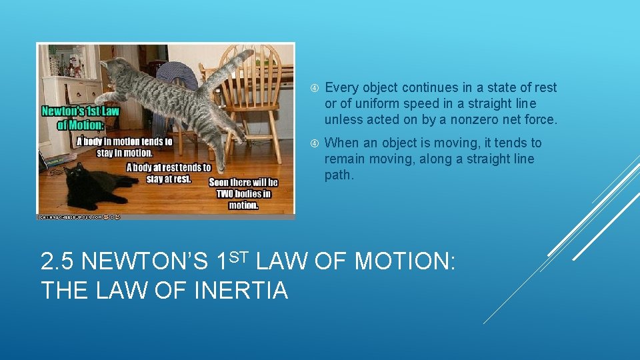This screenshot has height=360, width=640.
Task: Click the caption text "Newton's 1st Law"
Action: [80, 111]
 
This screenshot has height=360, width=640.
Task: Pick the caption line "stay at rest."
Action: [168, 179]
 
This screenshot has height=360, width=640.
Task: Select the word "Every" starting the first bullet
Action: [341, 87]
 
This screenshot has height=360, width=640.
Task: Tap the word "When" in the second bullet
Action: [341, 143]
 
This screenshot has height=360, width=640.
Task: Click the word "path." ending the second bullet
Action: [339, 175]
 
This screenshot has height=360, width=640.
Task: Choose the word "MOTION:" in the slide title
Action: [405, 262]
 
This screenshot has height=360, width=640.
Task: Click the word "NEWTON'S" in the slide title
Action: [145, 262]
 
